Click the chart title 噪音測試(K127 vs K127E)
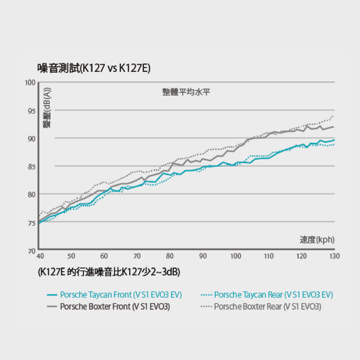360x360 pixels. pyautogui.click(x=94, y=68)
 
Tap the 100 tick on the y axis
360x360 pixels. pyautogui.click(x=31, y=83)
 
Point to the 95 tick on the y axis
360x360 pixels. pyautogui.click(x=32, y=111)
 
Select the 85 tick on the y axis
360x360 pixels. pyautogui.click(x=32, y=167)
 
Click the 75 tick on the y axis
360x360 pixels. pyautogui.click(x=32, y=223)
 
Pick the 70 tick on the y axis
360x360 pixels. pyautogui.click(x=32, y=251)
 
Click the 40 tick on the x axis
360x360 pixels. pyautogui.click(x=40, y=256)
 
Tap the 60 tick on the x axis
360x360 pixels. pyautogui.click(x=104, y=256)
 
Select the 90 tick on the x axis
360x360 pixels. pyautogui.click(x=203, y=256)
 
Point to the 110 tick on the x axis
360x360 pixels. pyautogui.click(x=269, y=256)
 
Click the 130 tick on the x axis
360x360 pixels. pyautogui.click(x=335, y=256)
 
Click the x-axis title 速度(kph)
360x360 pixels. pyautogui.click(x=317, y=239)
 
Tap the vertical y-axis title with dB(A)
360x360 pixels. pyautogui.click(x=47, y=107)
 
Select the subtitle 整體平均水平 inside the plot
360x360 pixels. pyautogui.click(x=186, y=92)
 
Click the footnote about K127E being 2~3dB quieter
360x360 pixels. pyautogui.click(x=109, y=272)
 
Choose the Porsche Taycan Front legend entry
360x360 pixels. pyautogui.click(x=115, y=295)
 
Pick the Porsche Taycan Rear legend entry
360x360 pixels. pyautogui.click(x=267, y=295)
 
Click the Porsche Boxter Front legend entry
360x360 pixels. pyautogui.click(x=109, y=307)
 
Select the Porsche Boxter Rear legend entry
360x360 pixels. pyautogui.click(x=261, y=307)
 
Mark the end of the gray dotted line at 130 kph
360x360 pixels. pyautogui.click(x=332, y=116)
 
